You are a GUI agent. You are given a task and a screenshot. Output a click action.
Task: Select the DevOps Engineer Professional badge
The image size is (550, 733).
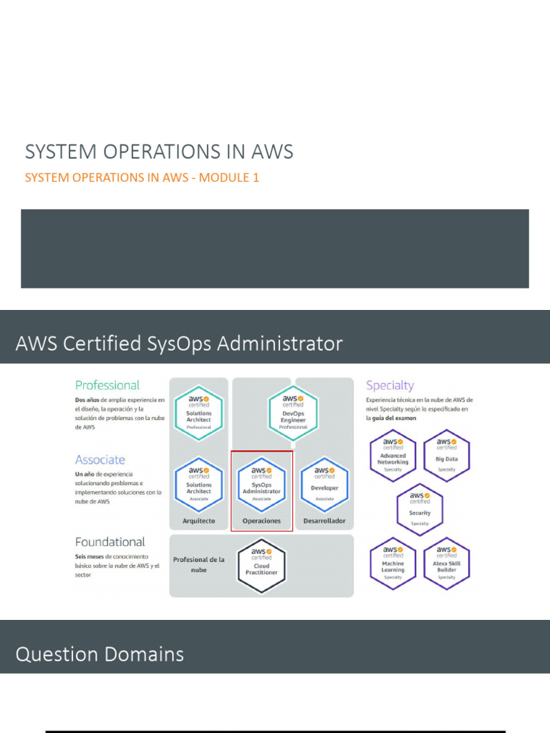[x=293, y=414]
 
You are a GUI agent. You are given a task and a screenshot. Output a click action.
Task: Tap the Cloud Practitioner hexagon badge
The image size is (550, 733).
[x=261, y=565]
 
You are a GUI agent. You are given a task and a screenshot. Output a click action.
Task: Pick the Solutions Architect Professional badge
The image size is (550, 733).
[x=198, y=414]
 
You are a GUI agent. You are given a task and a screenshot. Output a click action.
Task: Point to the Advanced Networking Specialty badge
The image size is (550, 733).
[x=392, y=455]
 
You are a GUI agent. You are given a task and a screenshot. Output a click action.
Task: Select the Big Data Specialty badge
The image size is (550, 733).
[x=446, y=455]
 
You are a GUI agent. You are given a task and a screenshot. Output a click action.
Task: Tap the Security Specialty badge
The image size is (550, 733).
[x=420, y=509]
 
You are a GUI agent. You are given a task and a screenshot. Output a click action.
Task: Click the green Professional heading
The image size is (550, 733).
[x=107, y=385]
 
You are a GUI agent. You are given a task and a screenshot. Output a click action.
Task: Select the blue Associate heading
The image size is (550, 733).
[x=100, y=460]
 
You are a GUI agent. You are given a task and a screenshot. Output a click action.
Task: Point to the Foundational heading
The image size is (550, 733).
[x=110, y=542]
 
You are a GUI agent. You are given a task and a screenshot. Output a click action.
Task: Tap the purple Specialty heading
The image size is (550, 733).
[x=390, y=385]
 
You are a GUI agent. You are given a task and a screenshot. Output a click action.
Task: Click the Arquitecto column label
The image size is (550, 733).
[x=198, y=520]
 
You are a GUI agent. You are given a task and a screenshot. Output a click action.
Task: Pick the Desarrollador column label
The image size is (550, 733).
[x=324, y=520]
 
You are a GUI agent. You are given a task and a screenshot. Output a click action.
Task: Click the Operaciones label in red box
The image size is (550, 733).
[x=261, y=520]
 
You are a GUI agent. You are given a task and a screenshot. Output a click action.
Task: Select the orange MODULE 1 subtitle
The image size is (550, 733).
[x=142, y=178]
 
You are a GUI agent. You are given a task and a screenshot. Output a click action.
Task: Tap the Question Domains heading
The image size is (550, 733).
[x=100, y=654]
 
